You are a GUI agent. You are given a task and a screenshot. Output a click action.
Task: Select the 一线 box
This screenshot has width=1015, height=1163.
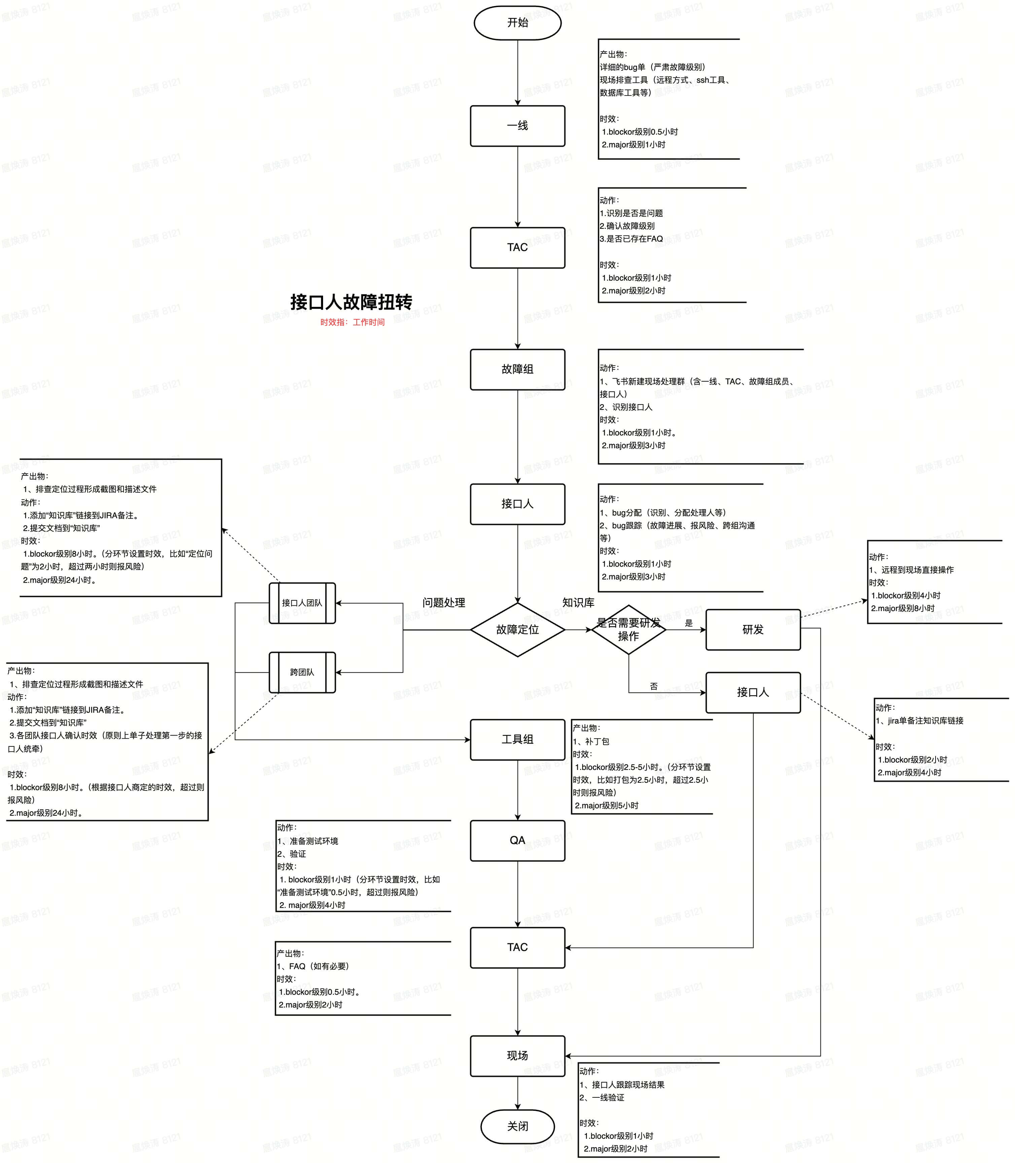[517, 126]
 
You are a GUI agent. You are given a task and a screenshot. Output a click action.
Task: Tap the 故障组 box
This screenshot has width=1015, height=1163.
[517, 369]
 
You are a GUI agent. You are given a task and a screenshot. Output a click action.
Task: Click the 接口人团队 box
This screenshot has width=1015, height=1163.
[302, 603]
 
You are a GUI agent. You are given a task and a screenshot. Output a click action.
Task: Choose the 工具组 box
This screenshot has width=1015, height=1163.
[517, 739]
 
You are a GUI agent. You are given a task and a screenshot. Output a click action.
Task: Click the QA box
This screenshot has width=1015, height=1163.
[517, 840]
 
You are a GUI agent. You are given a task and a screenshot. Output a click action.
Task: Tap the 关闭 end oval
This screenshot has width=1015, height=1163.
[517, 1126]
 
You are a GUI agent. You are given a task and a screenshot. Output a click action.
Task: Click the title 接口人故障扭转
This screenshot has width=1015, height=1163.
[351, 302]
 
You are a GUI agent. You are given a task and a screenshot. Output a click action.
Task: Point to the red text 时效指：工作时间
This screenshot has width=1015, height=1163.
[352, 322]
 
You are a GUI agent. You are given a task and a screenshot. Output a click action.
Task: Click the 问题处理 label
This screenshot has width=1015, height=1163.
[444, 602]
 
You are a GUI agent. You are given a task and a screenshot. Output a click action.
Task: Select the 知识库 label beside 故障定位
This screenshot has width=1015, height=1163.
[578, 602]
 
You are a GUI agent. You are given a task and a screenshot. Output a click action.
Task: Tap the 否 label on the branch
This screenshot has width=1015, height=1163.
[654, 686]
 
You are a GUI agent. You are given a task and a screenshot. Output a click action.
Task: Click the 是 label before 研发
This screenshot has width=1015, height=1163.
[689, 623]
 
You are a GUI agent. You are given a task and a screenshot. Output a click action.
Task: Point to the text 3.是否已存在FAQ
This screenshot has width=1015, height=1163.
[631, 239]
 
